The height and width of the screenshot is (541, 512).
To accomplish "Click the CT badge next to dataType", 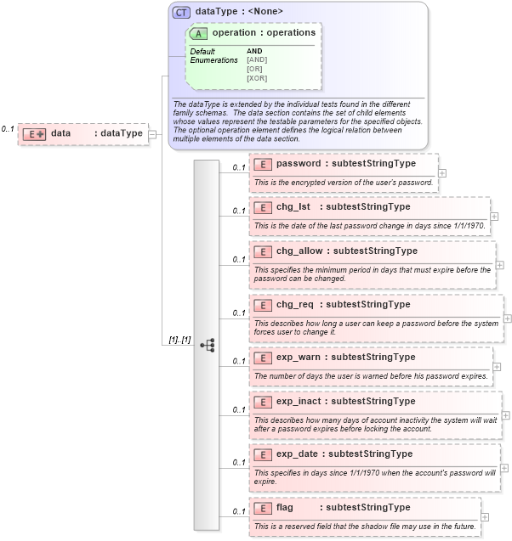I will coord(182,12).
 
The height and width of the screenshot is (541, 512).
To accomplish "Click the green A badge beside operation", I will coord(199,33).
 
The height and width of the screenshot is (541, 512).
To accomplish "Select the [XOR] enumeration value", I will coord(257,78).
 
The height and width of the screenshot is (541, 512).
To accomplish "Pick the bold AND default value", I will coord(254,51).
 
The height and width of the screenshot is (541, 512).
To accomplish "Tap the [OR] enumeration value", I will coord(254,69).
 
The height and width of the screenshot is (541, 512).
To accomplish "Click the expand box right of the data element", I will coord(152,133).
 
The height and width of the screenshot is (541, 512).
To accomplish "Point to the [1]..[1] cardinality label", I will coord(179,340).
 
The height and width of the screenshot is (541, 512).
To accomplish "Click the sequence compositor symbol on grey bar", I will coord(207,345).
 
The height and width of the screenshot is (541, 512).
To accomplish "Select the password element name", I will coord(298,163).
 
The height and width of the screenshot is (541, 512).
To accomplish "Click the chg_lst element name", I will coord(293,206).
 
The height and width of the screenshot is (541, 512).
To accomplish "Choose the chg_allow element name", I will coord(299,251).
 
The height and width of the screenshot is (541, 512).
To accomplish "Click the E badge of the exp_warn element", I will coord(263,358).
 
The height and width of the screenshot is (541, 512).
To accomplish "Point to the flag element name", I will coord(285,507).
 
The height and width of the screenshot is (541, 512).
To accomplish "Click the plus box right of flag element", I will coord(485,516).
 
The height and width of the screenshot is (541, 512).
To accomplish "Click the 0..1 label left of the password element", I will coord(239,167).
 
